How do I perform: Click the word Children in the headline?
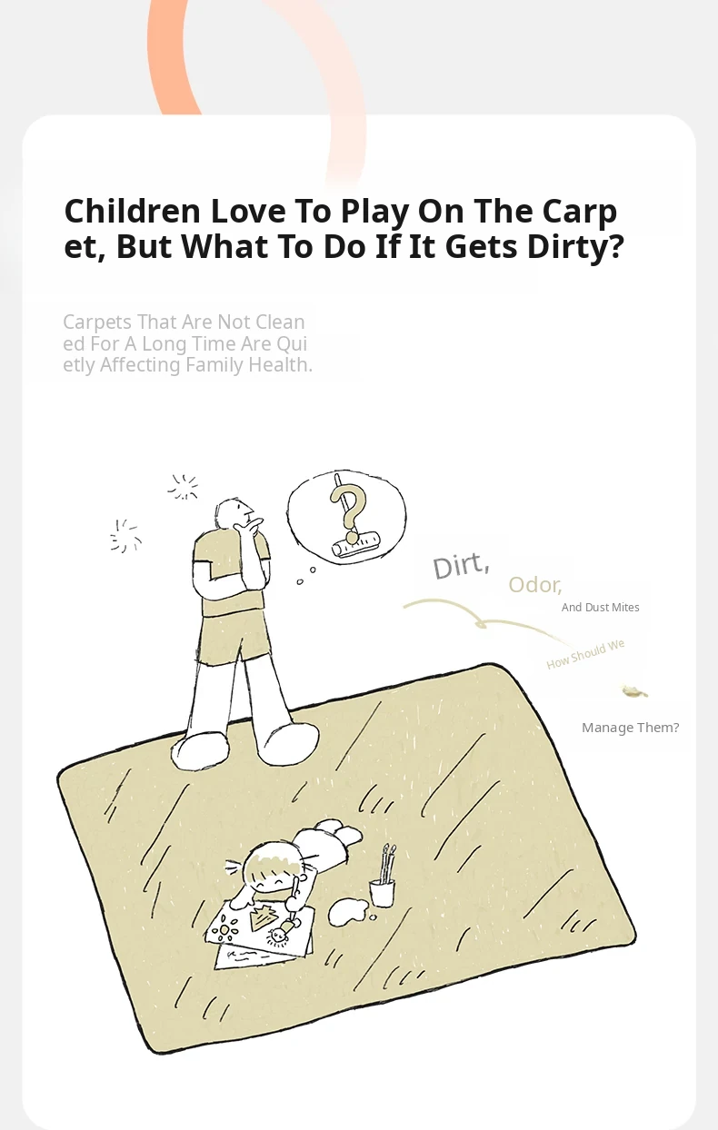pyautogui.click(x=132, y=211)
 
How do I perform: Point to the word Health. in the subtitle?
pyautogui.click(x=280, y=365)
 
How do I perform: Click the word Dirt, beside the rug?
pyautogui.click(x=461, y=566)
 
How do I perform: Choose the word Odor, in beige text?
pyautogui.click(x=534, y=585)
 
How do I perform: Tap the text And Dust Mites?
pyautogui.click(x=601, y=608)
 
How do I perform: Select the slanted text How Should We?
pyautogui.click(x=585, y=654)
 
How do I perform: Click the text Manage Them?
pyautogui.click(x=630, y=728)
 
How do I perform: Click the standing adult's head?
pyautogui.click(x=233, y=513)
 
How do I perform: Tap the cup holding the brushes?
pyautogui.click(x=382, y=892)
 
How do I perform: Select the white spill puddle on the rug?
pyautogui.click(x=349, y=912)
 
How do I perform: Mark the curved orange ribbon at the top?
pyautogui.click(x=173, y=55)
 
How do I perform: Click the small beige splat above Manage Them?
pyautogui.click(x=634, y=691)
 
